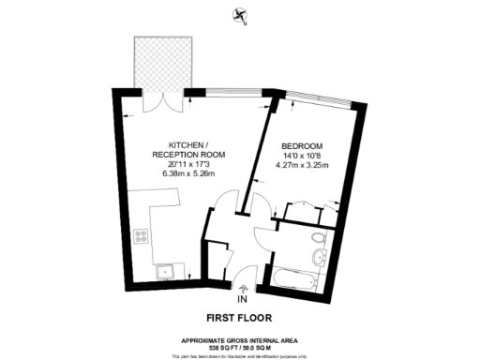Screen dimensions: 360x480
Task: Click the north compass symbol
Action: point(241,14)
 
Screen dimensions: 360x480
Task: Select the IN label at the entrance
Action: point(243,299)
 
